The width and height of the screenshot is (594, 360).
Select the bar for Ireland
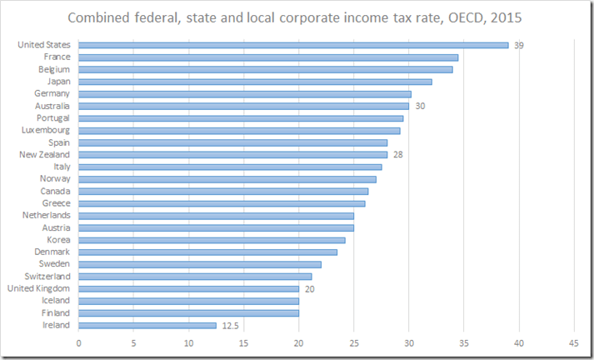tap(147, 325)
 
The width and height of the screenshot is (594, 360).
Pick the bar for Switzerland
tap(195, 276)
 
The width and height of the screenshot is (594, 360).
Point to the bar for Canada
tap(223, 191)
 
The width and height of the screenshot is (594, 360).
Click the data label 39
tap(519, 45)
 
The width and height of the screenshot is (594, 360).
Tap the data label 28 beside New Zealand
tap(398, 154)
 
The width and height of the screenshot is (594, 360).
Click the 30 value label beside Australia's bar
tap(420, 106)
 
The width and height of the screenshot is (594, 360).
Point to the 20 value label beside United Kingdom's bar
tap(310, 288)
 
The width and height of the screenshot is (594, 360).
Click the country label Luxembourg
tap(46, 130)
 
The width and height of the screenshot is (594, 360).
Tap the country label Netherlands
tap(47, 215)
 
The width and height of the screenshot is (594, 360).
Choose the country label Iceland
tap(56, 301)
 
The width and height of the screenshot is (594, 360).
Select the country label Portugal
tap(52, 118)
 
